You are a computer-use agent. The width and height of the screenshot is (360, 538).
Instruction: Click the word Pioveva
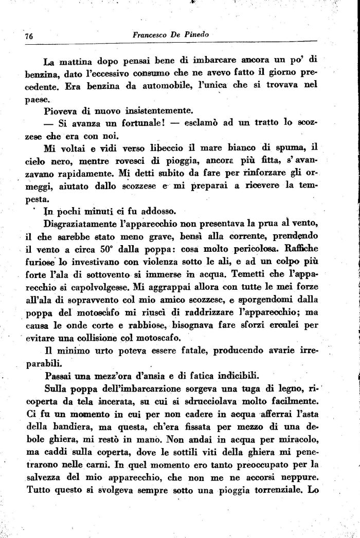click(x=61, y=112)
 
